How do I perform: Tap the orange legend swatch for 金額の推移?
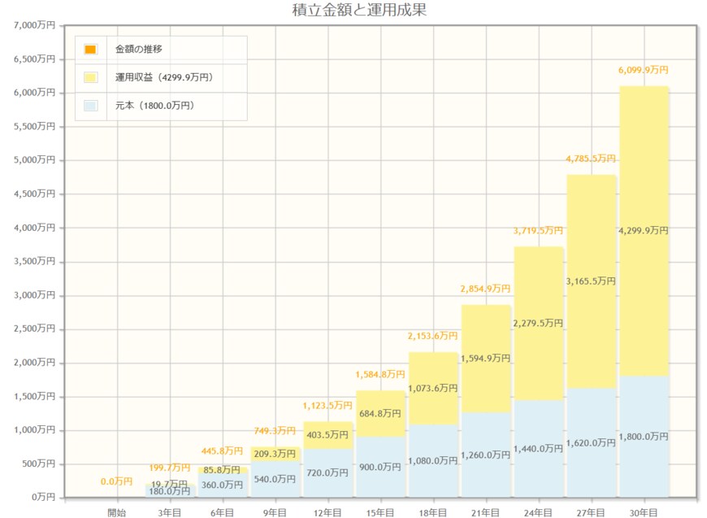pos(90,50)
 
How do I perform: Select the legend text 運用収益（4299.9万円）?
pos(163,77)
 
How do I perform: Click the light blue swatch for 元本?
pos(90,105)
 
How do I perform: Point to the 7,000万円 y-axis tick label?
pos(35,25)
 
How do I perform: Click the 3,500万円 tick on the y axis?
pos(35,261)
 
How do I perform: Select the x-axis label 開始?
pos(117,512)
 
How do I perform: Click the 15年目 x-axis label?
pos(380,512)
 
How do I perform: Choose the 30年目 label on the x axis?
pos(643,512)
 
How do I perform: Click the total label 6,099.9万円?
pos(643,71)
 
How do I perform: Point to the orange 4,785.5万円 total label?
pos(591,159)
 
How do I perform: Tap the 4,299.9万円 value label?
pos(643,231)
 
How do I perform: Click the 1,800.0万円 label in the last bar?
pos(643,437)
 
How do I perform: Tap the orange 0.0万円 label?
pos(117,481)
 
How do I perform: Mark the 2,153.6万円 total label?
pos(432,336)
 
